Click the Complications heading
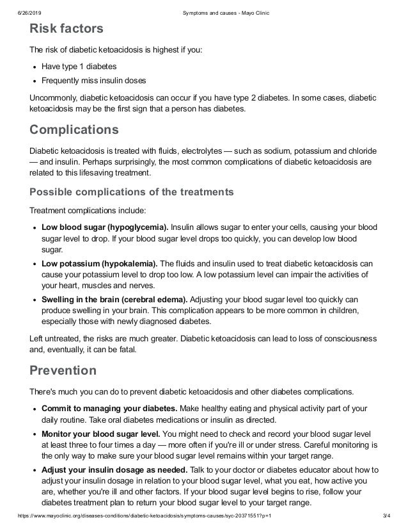74,130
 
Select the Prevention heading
63,370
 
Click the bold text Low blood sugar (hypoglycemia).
105,227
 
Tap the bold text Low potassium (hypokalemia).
99,263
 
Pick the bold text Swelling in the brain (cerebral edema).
114,299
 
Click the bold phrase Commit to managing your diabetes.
109,408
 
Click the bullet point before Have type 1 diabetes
34,66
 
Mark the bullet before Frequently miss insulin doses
34,81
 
